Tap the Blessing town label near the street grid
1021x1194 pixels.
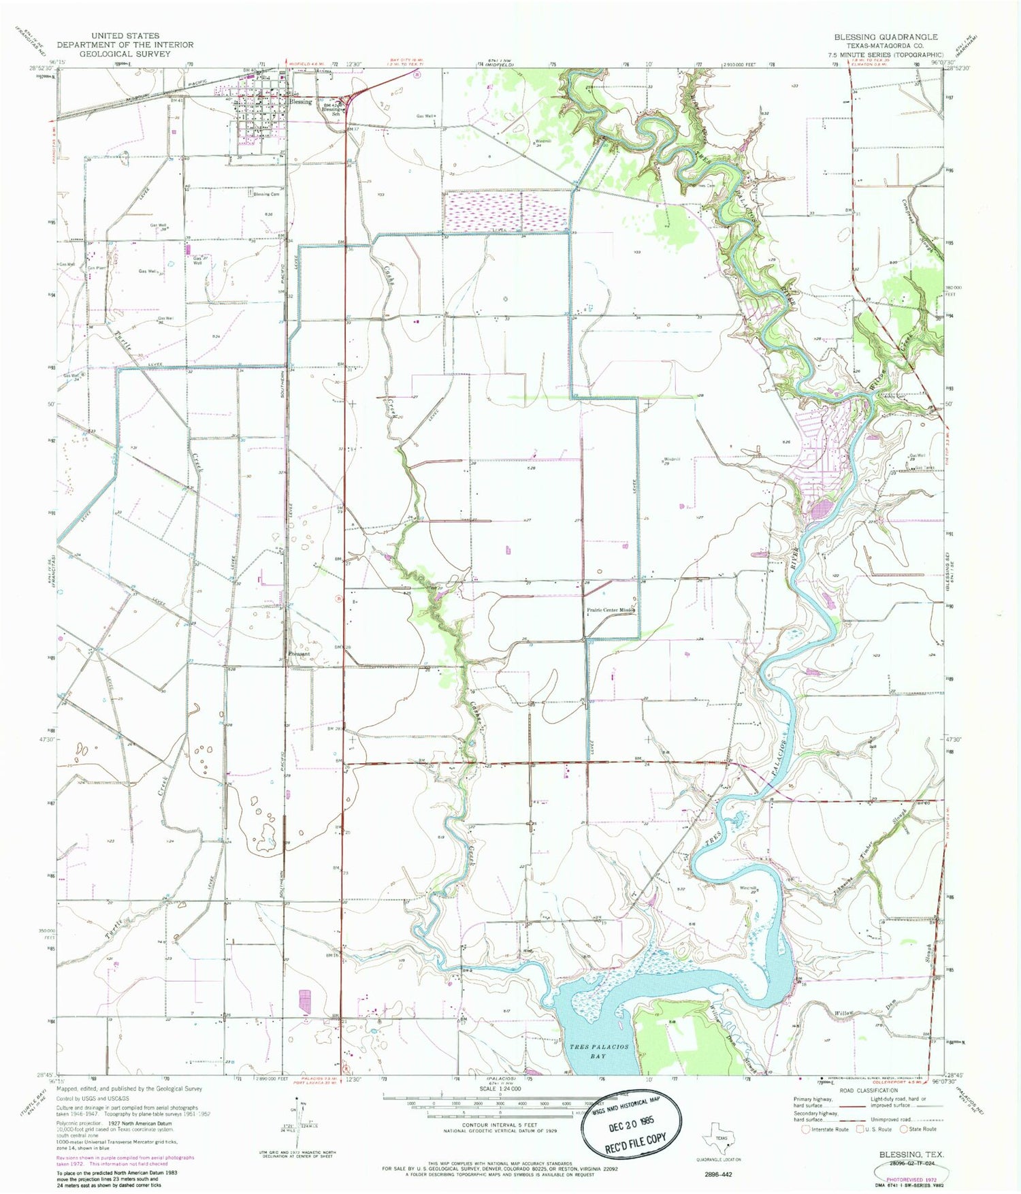[300, 101]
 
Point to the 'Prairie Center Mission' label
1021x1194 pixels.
[611, 610]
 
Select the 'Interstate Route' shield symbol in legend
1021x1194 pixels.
[805, 1129]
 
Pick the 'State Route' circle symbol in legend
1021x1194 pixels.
[905, 1129]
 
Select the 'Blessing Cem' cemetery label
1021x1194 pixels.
[266, 194]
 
